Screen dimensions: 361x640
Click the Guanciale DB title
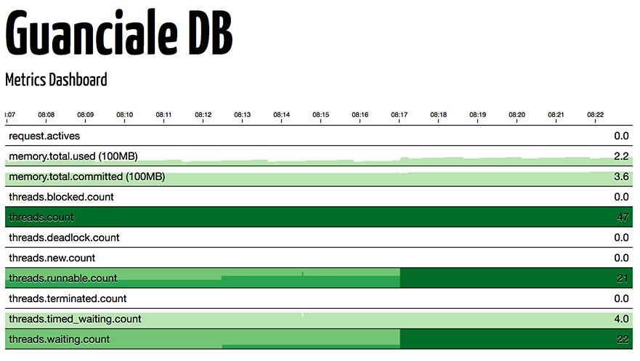pyautogui.click(x=119, y=34)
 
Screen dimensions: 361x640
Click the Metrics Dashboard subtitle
pyautogui.click(x=56, y=80)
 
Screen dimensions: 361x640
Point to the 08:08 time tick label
pyautogui.click(x=46, y=115)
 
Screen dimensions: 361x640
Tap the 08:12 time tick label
pyautogui.click(x=203, y=115)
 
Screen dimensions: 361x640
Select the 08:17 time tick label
pyautogui.click(x=400, y=115)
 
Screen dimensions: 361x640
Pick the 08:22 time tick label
pyautogui.click(x=596, y=115)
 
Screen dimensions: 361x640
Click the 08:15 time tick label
pyautogui.click(x=321, y=115)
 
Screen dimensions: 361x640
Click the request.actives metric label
pyautogui.click(x=44, y=136)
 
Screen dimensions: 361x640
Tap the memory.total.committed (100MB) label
pyautogui.click(x=86, y=177)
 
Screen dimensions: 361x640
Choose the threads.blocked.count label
pyautogui.click(x=61, y=197)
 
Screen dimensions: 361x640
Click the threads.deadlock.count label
pyautogui.click(x=64, y=238)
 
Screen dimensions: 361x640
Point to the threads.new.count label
pyautogui.click(x=52, y=258)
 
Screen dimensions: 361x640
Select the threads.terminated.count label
pyautogui.click(x=68, y=299)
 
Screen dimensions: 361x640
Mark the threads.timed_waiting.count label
pyautogui.click(x=75, y=319)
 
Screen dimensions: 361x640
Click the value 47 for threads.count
pyautogui.click(x=621, y=217)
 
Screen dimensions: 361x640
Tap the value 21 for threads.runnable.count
pyautogui.click(x=622, y=278)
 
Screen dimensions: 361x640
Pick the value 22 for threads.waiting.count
pyautogui.click(x=621, y=339)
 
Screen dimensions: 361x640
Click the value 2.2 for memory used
pyautogui.click(x=621, y=156)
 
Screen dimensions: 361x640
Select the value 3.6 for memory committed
pyautogui.click(x=621, y=177)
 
